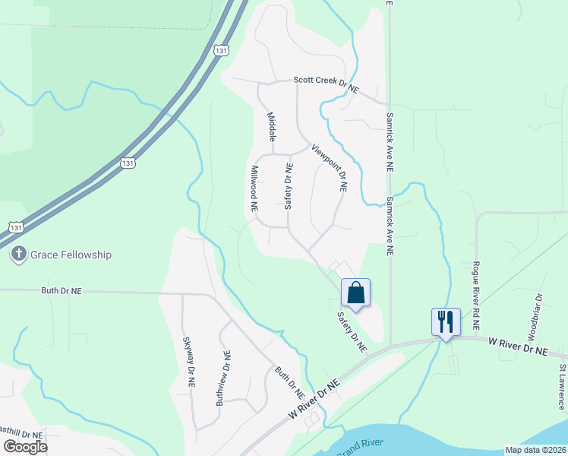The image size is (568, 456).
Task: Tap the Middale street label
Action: [x=271, y=127]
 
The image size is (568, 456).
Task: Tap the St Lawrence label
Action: [x=563, y=387]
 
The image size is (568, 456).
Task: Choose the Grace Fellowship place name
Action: [x=71, y=255]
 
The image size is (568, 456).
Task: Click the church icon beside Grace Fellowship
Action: [x=19, y=255]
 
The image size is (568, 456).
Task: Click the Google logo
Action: [x=25, y=447]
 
